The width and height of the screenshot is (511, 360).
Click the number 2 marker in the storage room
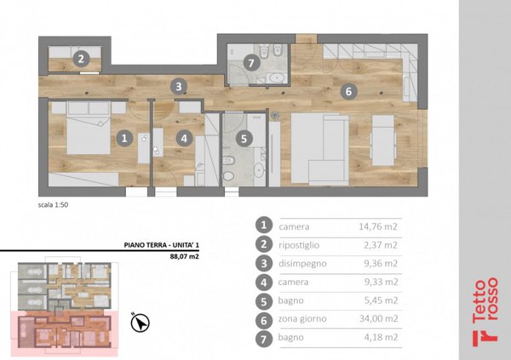(81, 59)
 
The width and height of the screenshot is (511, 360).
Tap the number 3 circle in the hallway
(179, 87)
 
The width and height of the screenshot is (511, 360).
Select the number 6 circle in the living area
(348, 91)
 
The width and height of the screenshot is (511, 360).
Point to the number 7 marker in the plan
(250, 63)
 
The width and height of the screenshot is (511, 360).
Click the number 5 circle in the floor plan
(244, 139)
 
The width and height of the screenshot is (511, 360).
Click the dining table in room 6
(383, 140)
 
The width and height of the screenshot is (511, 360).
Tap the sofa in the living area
(319, 149)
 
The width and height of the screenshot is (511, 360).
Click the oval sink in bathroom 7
(278, 78)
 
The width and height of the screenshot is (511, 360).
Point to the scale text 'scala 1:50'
(53, 205)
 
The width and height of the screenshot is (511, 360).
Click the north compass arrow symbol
(141, 323)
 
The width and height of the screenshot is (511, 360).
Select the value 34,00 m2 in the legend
(378, 318)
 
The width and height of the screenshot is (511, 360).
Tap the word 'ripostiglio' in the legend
(299, 245)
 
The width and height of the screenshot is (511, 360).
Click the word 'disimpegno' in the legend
(302, 263)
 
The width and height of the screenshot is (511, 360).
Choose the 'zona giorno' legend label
(302, 318)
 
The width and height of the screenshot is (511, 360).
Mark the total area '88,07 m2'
(185, 256)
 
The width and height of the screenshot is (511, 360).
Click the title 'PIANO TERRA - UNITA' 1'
(161, 245)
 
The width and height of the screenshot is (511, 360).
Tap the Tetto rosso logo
(485, 311)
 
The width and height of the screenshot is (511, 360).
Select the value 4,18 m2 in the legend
(381, 337)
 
